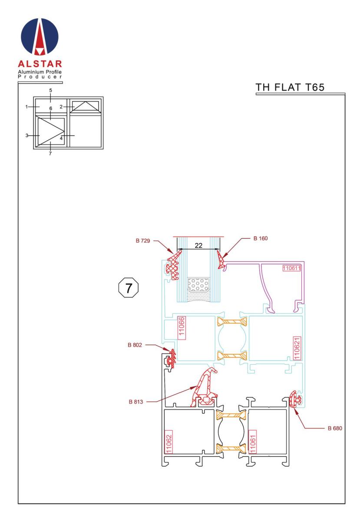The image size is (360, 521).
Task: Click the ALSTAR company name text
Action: tap(40, 64)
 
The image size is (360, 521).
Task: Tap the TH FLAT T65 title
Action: tap(290, 87)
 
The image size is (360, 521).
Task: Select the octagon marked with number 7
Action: tap(129, 287)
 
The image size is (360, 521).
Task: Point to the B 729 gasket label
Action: tap(142, 241)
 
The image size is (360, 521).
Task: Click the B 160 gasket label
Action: tap(261, 238)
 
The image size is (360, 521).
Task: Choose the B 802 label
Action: tap(135, 345)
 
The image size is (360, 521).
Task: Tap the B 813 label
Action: tap(135, 402)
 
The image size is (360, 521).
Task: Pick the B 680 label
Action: tap(335, 428)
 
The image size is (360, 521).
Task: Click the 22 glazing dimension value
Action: tap(198, 245)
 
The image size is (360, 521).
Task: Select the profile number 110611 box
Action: tap(291, 268)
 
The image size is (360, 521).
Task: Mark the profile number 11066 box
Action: tap(181, 326)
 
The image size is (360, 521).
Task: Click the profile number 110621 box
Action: tap(297, 348)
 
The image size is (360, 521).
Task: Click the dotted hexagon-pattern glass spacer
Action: tap(198, 285)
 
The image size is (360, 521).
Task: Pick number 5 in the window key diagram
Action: tap(50, 90)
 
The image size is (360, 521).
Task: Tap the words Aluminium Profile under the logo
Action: tap(40, 72)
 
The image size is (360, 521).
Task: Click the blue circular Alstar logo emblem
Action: tap(40, 36)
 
